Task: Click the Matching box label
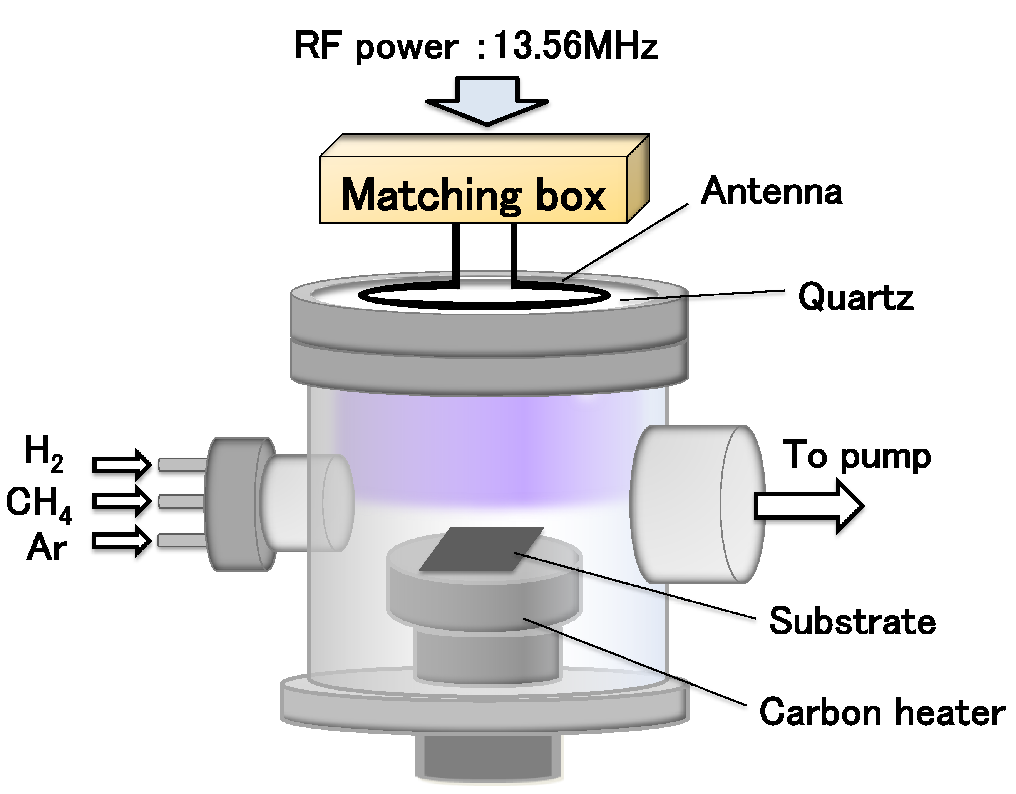[473, 195]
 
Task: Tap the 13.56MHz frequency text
[574, 47]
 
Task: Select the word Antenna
[771, 191]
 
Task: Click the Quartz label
[855, 297]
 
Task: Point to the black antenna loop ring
[484, 305]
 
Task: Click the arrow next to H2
[122, 464]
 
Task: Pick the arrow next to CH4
[122, 501]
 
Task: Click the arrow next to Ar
[122, 540]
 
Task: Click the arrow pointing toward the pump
[808, 506]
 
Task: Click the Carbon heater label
[882, 712]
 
